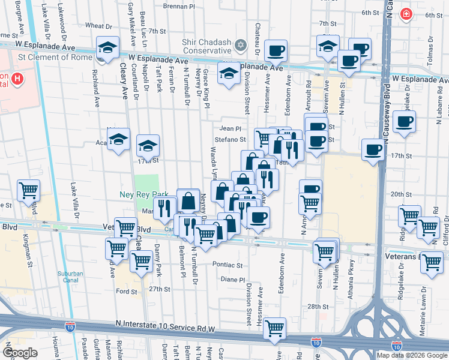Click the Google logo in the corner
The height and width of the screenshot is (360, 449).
point(21,353)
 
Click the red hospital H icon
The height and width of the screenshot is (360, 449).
point(17,78)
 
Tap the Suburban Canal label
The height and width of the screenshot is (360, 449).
point(70,277)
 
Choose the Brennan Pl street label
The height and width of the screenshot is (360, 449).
point(179,6)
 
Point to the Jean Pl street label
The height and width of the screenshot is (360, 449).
point(230,128)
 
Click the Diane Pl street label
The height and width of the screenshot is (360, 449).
point(233,280)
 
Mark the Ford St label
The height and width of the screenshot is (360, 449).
point(127,292)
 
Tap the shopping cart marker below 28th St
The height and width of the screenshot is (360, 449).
point(274,328)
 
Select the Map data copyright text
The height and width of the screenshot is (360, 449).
point(412,355)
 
